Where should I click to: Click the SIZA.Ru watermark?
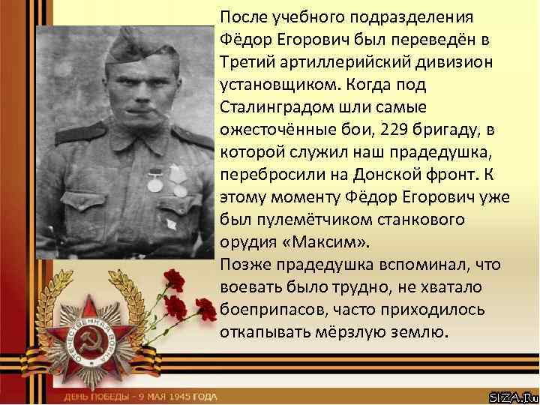(513, 395)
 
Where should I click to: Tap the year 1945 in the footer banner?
(178, 396)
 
